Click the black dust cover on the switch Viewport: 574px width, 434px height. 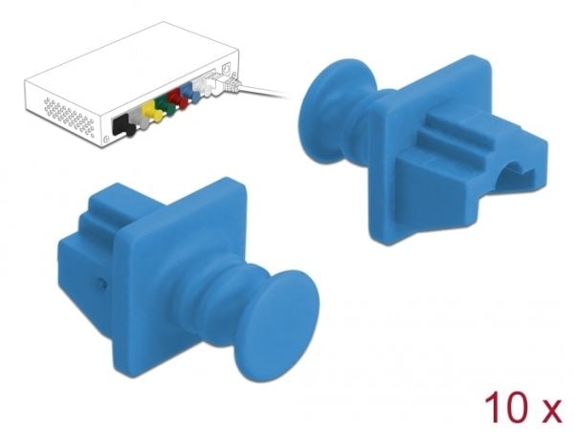tap(123, 125)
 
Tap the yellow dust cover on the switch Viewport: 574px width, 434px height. tap(151, 110)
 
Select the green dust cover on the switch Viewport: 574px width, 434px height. tap(164, 104)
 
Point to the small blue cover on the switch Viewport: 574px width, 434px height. tap(190, 92)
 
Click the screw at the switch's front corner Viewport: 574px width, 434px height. tap(106, 140)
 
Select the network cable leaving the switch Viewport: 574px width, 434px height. tap(261, 91)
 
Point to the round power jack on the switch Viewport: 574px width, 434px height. tap(227, 69)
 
